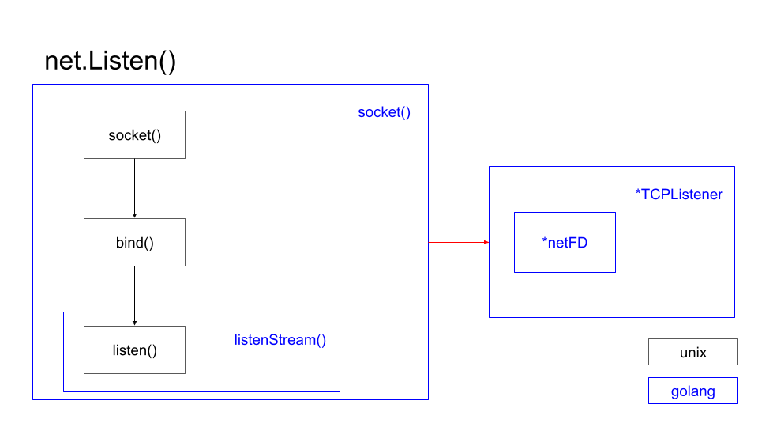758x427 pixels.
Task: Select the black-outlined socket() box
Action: click(134, 135)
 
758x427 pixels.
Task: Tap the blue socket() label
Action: click(384, 112)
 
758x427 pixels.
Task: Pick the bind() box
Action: click(134, 242)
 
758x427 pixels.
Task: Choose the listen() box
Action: click(134, 350)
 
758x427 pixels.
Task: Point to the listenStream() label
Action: click(280, 340)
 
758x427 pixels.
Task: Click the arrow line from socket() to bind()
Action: click(134, 187)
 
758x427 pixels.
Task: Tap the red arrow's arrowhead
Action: click(486, 242)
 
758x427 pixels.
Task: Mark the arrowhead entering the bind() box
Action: click(134, 216)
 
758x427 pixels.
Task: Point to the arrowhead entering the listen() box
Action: click(134, 323)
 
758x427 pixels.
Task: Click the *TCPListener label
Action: click(679, 195)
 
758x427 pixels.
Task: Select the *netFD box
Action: click(565, 243)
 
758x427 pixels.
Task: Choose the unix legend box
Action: click(693, 353)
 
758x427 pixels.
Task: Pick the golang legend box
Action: click(693, 391)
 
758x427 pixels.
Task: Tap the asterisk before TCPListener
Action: click(638, 192)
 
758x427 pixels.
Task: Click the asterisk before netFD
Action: click(545, 240)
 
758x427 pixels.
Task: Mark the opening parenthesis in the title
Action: click(163, 62)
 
